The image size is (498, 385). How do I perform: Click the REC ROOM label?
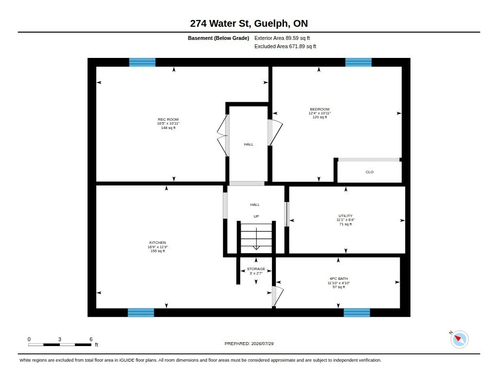click(x=168, y=120)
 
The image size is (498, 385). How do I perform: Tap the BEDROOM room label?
click(x=320, y=109)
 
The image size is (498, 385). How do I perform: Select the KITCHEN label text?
click(x=158, y=242)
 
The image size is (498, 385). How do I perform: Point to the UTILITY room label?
click(x=345, y=216)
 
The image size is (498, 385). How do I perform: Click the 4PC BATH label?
click(x=338, y=278)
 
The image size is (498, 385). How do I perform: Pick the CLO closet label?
click(x=370, y=172)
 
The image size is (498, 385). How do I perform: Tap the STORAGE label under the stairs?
click(x=256, y=269)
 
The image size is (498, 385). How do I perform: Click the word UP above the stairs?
click(x=256, y=216)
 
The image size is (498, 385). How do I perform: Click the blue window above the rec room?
click(x=142, y=62)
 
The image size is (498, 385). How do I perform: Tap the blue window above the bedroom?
click(x=358, y=62)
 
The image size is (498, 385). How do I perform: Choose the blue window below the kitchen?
click(x=141, y=312)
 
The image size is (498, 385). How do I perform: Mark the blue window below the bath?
click(x=356, y=312)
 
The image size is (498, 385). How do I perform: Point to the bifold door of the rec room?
click(x=222, y=135)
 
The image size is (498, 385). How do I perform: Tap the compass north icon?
click(x=459, y=339)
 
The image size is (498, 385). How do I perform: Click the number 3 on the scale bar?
click(x=59, y=339)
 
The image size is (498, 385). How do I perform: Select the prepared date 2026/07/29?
click(x=262, y=344)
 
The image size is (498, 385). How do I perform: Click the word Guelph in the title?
click(x=272, y=23)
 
